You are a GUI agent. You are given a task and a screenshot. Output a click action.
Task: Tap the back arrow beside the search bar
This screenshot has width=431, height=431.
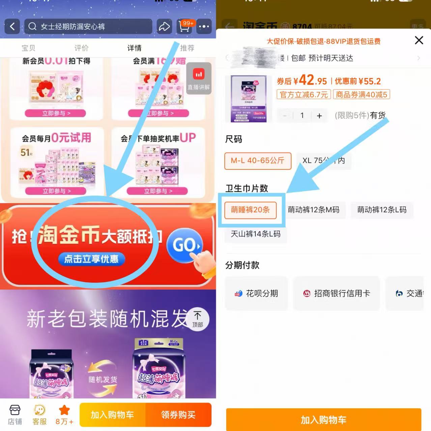[x=12, y=26]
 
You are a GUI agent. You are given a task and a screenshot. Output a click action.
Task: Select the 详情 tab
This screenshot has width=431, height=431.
[x=134, y=48]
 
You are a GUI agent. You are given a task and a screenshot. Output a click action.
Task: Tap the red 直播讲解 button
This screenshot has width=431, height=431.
[x=199, y=78]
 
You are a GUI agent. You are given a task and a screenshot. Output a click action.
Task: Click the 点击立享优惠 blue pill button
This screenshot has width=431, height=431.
[x=91, y=259]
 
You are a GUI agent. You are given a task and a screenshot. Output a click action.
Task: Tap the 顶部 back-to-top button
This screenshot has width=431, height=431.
[x=198, y=319]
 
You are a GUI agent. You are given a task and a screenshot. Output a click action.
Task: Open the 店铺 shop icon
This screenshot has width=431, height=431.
[x=15, y=414]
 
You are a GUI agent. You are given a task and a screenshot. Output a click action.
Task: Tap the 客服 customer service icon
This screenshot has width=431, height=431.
[x=39, y=414]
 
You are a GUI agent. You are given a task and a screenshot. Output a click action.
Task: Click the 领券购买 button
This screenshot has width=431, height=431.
[x=178, y=415]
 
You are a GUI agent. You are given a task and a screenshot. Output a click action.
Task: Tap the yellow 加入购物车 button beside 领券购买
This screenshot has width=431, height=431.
[x=112, y=415]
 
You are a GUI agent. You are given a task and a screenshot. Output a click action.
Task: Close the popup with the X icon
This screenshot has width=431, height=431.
[x=419, y=40]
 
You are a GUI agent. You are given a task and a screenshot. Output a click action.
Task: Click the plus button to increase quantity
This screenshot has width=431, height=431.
[x=319, y=116]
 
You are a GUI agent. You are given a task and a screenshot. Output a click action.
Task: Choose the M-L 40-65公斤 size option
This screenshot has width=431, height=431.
[x=258, y=161]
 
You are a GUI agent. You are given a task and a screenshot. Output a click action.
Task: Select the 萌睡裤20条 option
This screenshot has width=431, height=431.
[x=251, y=210]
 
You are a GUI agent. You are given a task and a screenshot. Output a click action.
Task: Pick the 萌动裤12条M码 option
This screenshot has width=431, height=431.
[x=313, y=210]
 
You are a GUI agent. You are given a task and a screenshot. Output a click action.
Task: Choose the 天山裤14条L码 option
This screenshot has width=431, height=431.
[x=256, y=234]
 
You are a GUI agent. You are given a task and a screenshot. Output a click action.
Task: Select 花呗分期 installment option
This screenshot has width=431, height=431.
[x=257, y=293]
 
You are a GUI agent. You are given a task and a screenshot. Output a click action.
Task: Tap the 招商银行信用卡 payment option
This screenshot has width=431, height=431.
[x=337, y=293]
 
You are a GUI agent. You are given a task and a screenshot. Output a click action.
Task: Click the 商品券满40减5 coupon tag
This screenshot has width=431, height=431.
[x=361, y=95]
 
